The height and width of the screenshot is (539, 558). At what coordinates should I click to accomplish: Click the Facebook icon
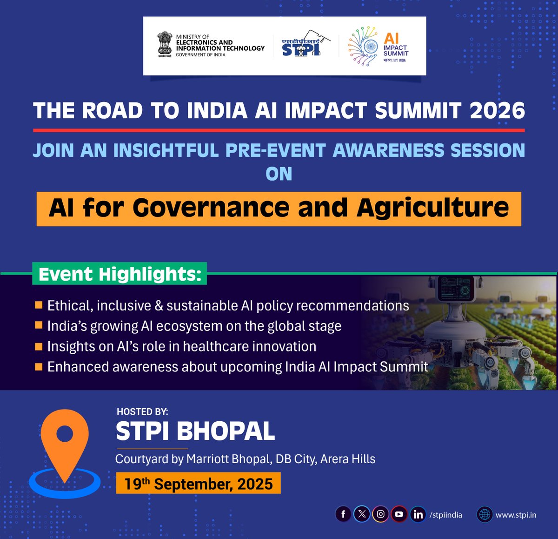coord(343,514)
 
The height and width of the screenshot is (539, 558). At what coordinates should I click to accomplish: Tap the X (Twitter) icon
coord(362,514)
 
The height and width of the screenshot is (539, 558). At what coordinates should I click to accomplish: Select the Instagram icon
coord(380,514)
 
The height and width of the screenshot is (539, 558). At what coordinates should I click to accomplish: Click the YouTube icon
coord(399,514)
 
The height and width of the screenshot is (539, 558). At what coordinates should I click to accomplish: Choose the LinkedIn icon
coord(418,514)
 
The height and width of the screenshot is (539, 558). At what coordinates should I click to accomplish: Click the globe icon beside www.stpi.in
coord(485,514)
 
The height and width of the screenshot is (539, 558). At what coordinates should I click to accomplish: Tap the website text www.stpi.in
coord(516,515)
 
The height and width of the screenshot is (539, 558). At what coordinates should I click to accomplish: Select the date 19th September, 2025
coord(199,484)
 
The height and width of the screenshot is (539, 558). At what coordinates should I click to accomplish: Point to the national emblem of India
coord(165,45)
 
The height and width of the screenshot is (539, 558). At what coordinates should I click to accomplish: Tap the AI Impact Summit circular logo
coord(364,46)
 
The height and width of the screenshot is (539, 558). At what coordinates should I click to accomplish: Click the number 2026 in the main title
coord(497,111)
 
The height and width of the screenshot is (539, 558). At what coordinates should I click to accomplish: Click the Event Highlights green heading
coord(120,274)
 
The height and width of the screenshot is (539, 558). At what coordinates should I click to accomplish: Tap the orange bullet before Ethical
coord(39,305)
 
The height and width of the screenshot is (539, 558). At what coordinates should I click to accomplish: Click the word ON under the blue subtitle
coord(279,174)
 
